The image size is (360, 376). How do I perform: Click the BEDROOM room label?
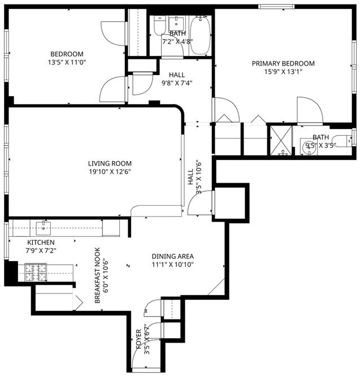coord(67,54)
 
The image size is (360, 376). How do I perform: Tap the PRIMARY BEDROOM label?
coord(283,63)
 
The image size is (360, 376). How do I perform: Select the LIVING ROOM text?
coord(110,163)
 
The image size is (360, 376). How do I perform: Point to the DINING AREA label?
coord(172,256)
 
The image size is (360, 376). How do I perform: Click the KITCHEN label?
coord(41,242)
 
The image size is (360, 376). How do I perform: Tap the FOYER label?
coord(138,339)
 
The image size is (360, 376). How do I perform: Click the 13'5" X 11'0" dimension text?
coord(67,62)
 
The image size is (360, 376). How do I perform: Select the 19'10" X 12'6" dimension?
coord(110,172)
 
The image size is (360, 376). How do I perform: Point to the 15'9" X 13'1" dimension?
coord(283,72)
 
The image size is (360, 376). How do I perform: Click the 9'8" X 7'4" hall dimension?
coord(177,83)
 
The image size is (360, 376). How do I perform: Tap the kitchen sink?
coord(44,228)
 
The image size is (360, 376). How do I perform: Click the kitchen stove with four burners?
coord(36,272)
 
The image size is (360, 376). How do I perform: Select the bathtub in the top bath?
coord(201,35)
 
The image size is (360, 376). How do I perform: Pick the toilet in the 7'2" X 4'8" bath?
coord(159,25)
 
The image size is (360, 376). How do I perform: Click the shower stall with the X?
coord(281,141)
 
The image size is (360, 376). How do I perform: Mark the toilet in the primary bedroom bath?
coord(342,141)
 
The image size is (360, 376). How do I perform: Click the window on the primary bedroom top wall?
coord(276,6)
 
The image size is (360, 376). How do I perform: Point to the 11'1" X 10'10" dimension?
coord(172,265)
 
